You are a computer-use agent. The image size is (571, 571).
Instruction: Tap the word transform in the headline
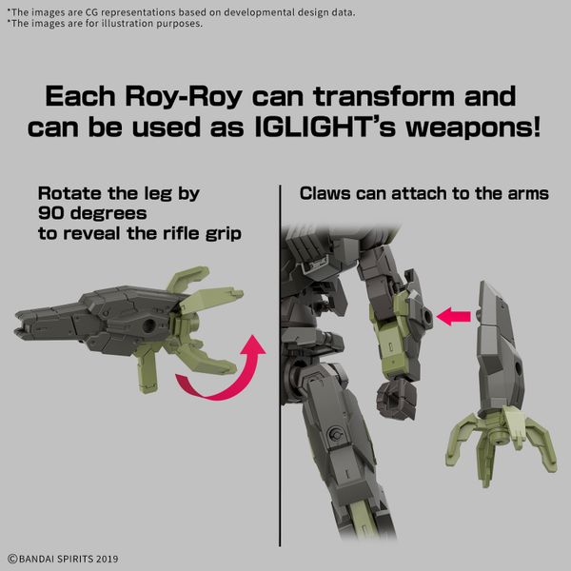pos(384,96)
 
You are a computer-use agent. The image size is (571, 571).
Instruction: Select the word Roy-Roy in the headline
pos(184,98)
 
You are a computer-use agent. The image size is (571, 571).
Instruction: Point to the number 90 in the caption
pos(50,213)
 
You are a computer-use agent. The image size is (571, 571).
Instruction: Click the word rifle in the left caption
pos(182,233)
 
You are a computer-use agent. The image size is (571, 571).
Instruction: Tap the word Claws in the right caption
pos(325,193)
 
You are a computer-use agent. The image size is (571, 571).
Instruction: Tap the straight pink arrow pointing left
pos(453,316)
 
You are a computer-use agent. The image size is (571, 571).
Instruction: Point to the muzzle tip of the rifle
pos(17,325)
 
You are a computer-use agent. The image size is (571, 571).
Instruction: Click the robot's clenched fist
pos(396,399)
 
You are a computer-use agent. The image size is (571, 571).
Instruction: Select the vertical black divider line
pos(280,365)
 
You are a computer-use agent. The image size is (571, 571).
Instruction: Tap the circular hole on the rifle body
pos(149,325)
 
